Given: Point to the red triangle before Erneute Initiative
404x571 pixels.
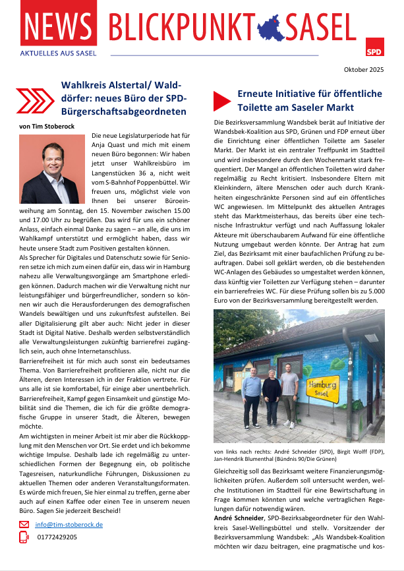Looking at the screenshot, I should (222, 100).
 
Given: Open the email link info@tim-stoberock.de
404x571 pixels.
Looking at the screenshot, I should (69, 525).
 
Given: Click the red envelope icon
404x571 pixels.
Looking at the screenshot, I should (24, 525).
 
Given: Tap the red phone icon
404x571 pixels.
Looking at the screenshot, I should (24, 537).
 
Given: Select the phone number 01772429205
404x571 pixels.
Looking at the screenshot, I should (58, 537).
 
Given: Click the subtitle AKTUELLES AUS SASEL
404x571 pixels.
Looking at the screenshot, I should (59, 53).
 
